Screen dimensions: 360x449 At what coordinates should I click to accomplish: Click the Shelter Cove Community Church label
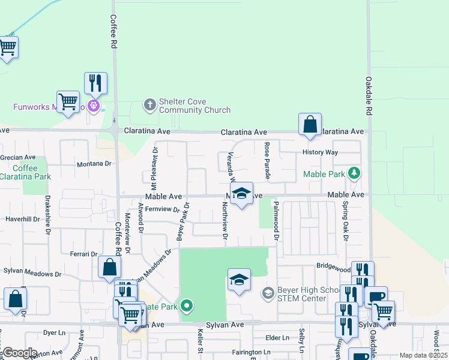(194, 106)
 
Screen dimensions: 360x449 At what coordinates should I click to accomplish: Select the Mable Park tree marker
(354, 173)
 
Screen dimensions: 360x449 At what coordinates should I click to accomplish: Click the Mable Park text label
(324, 174)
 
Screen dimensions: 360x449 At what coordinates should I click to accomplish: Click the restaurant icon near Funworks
(95, 83)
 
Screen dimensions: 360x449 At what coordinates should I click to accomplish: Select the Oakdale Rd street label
(369, 96)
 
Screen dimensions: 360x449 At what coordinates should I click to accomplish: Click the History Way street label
(320, 152)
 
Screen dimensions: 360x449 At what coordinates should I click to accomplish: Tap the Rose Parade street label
(267, 161)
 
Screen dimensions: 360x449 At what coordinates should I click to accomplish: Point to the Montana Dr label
(94, 164)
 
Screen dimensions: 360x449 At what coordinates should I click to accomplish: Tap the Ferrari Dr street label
(83, 254)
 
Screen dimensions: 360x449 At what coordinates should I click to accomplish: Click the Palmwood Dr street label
(277, 221)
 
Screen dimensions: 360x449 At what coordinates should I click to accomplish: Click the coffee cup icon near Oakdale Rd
(376, 296)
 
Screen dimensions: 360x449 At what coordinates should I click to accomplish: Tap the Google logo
(20, 353)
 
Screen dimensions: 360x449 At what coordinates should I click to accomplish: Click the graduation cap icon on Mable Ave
(241, 194)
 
